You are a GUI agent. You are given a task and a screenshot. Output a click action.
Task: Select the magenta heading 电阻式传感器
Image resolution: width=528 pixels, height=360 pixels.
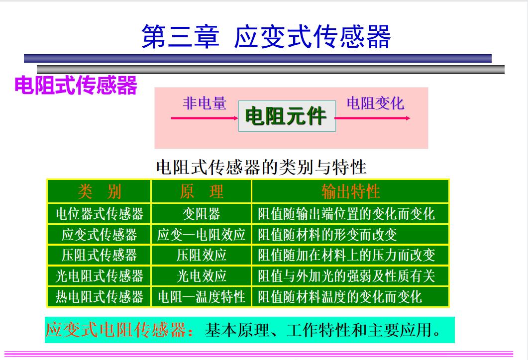[x=76, y=86]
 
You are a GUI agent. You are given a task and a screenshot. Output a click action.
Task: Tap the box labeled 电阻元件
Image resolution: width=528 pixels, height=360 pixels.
[x=287, y=116]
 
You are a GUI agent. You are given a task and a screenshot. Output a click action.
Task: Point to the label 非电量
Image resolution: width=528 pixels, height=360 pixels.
[x=205, y=103]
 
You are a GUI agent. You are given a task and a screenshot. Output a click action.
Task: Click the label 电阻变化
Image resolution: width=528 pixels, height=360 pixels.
[x=375, y=103]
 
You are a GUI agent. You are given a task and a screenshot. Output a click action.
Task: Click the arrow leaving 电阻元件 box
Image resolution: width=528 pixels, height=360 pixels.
[x=373, y=118]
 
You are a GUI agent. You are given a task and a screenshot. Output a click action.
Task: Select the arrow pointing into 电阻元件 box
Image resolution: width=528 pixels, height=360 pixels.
[x=204, y=118]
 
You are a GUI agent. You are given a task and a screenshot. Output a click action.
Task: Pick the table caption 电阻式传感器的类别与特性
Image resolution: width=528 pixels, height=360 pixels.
[x=261, y=167]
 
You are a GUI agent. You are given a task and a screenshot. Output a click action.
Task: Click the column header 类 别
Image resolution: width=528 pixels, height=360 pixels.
[x=99, y=191]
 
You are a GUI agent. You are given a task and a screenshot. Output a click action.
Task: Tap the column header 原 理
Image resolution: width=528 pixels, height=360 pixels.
[x=202, y=191]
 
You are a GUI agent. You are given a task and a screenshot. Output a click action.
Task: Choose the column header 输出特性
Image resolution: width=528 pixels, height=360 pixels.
[x=350, y=191]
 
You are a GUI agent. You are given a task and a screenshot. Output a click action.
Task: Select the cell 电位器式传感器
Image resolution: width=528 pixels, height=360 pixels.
[x=99, y=214]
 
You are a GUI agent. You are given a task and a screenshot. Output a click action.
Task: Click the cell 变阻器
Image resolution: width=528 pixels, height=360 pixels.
[x=202, y=214]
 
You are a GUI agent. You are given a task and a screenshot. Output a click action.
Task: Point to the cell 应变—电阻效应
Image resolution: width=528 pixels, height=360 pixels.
[x=202, y=235]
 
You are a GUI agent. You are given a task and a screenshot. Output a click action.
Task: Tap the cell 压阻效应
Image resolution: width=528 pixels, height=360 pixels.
[x=202, y=255]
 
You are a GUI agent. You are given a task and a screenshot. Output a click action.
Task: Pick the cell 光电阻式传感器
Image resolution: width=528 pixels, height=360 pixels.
[x=99, y=276]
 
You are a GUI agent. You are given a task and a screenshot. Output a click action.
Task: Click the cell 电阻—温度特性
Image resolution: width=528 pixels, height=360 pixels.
[x=202, y=297]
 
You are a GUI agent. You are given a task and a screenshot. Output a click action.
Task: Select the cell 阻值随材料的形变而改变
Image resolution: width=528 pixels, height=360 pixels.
[x=327, y=235]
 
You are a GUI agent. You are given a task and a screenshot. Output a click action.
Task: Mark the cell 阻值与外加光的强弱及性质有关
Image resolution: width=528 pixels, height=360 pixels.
[x=346, y=276]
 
